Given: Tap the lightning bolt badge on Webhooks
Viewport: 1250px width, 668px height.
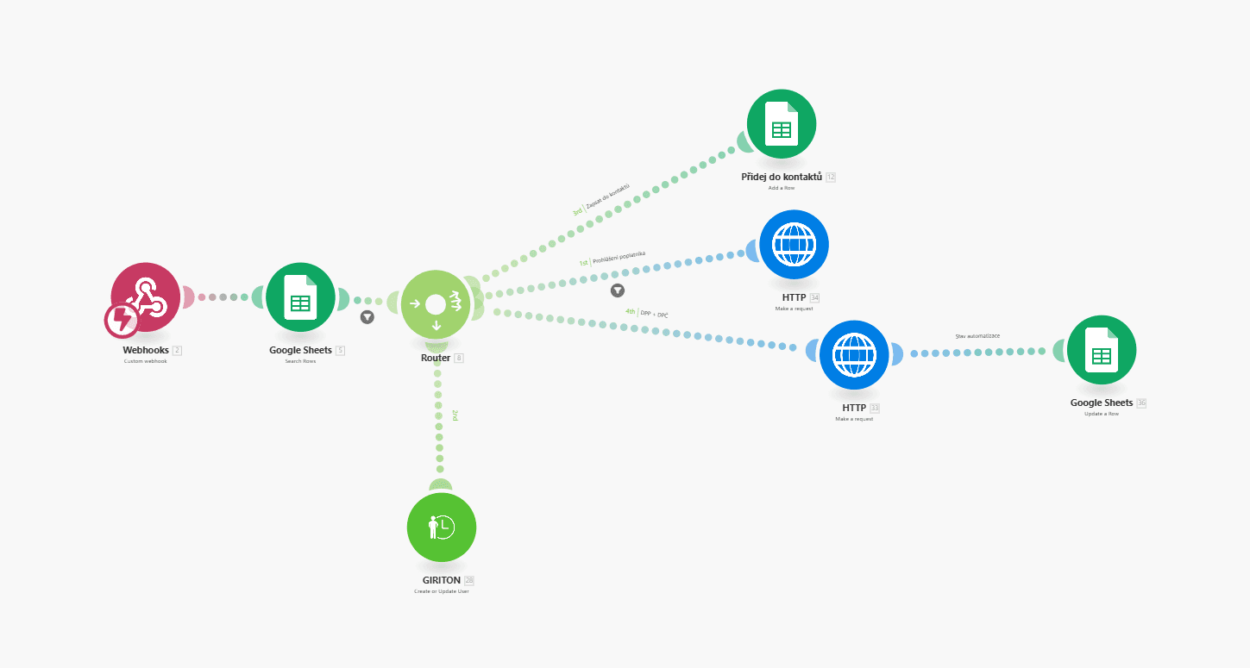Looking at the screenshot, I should tap(122, 321).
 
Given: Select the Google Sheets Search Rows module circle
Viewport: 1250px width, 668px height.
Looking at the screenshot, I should tap(299, 297).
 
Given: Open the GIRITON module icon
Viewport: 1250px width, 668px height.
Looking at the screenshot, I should tap(441, 527).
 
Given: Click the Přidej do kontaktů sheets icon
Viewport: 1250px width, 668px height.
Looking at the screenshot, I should tap(781, 124).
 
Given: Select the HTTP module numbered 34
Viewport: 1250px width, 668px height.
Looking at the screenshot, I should tap(794, 244).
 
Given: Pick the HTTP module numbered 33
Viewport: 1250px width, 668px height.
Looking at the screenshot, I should tap(854, 354).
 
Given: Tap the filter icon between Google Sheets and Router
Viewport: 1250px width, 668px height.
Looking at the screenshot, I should tap(367, 317).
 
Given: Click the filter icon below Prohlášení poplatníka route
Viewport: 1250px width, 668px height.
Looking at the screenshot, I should tap(618, 290).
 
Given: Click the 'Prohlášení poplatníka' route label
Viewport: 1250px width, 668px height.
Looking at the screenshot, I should tap(619, 258).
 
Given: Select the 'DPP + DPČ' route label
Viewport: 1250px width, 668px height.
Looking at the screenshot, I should tap(654, 314).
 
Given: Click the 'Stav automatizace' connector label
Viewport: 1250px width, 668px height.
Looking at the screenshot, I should tap(977, 336).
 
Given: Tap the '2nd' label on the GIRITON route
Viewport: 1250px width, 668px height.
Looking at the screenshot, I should tap(455, 415).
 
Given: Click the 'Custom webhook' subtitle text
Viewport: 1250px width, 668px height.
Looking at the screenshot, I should tap(145, 361).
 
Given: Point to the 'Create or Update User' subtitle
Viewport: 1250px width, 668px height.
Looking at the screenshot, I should tap(441, 591).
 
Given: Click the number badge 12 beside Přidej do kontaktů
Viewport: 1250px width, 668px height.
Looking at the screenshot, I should tap(831, 177).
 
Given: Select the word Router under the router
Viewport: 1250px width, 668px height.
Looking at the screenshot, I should tap(436, 358).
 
